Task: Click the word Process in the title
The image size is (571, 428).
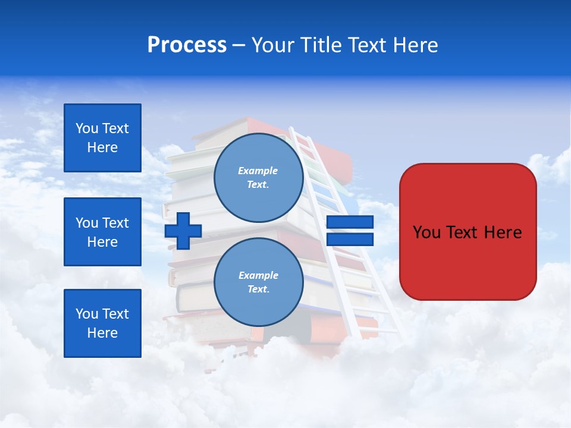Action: point(187,45)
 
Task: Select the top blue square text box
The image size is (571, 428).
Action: point(102,138)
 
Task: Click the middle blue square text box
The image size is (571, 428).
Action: point(102,232)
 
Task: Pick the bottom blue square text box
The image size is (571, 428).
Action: point(102,323)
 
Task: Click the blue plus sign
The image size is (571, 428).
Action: point(183,231)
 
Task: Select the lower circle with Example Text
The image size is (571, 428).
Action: point(258,282)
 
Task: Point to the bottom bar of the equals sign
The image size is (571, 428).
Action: point(350,240)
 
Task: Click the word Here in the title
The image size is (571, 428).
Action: point(416,45)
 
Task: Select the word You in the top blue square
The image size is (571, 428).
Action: point(87,128)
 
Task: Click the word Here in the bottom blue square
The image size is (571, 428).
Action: point(102,333)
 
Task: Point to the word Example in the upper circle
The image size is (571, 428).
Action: point(258,171)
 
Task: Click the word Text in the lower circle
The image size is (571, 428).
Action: point(258,289)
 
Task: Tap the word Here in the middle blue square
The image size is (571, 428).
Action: point(102,242)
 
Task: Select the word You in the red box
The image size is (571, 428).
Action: point(426,232)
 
